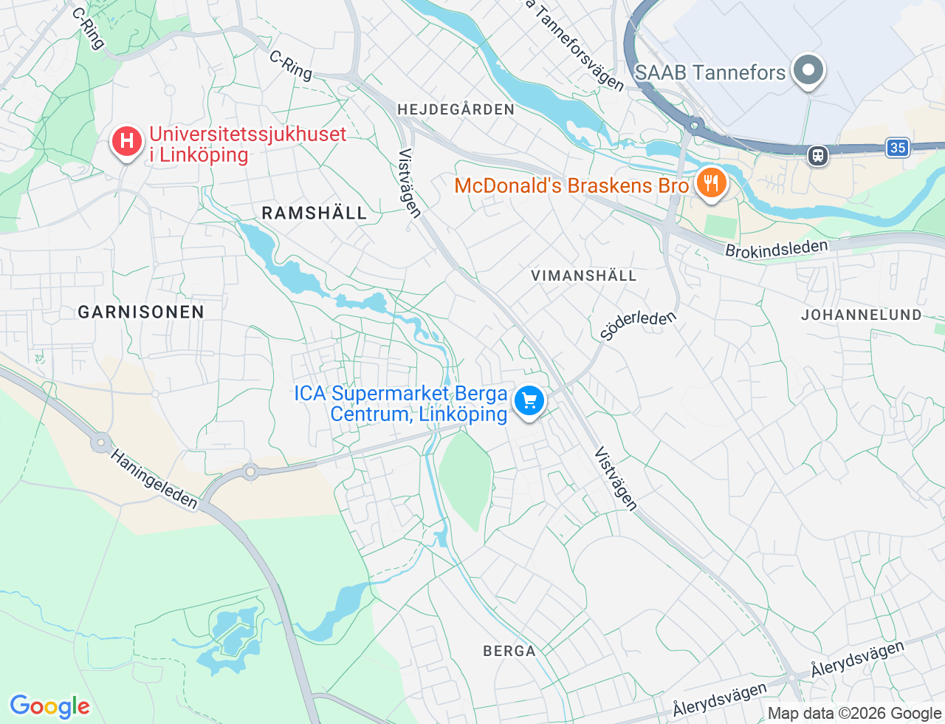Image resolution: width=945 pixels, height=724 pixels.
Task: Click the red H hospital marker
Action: pos(126,140)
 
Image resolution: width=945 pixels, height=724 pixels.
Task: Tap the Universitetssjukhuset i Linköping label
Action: pos(247,145)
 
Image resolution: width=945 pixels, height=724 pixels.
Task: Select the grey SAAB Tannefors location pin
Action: pos(808,71)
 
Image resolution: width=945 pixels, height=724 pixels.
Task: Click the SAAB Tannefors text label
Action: pos(709,72)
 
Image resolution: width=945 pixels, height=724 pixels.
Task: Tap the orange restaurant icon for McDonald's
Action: pos(710,182)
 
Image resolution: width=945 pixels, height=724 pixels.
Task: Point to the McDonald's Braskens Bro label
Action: pos(571,185)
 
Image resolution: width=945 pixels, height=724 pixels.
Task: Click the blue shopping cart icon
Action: pos(529,401)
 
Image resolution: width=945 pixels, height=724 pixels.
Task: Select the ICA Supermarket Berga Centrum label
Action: pos(401,403)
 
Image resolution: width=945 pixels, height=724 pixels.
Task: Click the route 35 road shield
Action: pos(897,148)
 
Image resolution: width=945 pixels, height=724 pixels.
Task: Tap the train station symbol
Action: pos(817,155)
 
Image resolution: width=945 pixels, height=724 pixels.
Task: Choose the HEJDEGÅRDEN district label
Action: pos(456,109)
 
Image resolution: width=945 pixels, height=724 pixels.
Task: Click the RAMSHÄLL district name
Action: pos(314,213)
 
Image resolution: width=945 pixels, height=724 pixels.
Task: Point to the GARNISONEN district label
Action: pos(141,312)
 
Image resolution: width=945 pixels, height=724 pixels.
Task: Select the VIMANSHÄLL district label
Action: pos(583,276)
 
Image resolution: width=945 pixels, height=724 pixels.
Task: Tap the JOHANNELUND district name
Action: pos(861,315)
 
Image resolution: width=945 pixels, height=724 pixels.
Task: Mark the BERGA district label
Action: pos(509,651)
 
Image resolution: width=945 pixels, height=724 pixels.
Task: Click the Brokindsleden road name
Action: pos(776,249)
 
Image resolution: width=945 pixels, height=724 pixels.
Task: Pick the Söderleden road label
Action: pos(638,325)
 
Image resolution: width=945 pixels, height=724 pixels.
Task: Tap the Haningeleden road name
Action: pos(154,479)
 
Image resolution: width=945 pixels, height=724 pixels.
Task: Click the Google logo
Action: pos(49,706)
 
